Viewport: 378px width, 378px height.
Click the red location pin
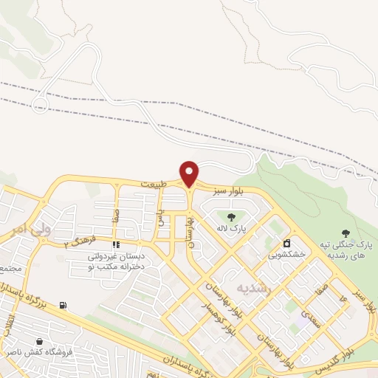190,173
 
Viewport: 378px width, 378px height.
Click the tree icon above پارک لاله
232,217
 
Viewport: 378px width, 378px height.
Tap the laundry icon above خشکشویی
286,243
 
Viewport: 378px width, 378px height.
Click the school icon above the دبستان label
115,245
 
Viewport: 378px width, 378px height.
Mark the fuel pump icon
62,305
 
